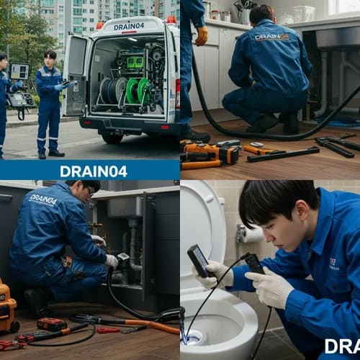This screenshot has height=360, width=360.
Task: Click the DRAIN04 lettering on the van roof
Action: point(128,27)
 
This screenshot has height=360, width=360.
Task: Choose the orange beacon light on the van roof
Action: point(100,25)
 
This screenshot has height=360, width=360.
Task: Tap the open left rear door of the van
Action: point(76,75)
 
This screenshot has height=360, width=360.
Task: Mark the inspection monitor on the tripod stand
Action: point(19,72)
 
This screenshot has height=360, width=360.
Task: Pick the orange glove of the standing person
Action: point(202,35)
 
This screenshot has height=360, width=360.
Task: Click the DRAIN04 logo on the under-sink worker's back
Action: point(43,199)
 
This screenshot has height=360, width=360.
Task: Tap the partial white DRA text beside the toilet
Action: point(341,346)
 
